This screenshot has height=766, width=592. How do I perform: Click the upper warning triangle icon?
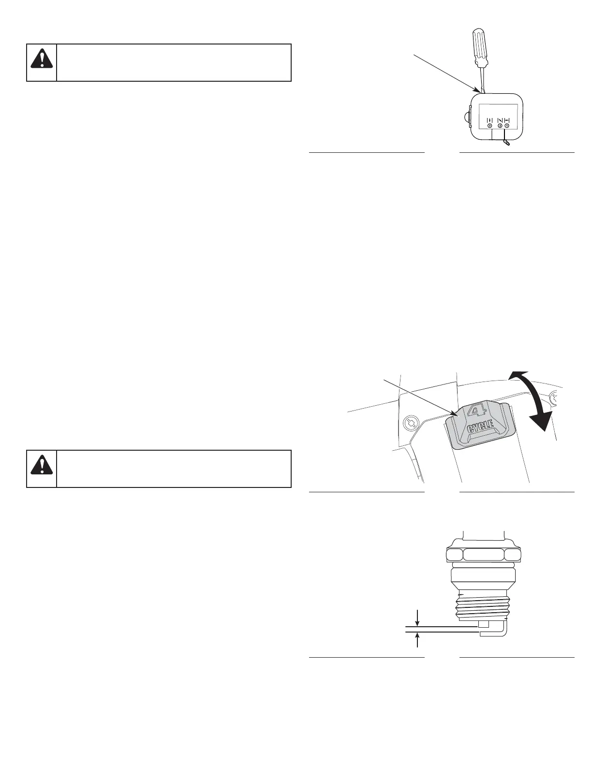pyautogui.click(x=42, y=59)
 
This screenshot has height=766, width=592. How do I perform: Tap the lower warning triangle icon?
pyautogui.click(x=42, y=465)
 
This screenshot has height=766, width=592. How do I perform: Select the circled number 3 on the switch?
pyautogui.click(x=489, y=126)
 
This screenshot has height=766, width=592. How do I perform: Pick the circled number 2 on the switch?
pyautogui.click(x=500, y=126)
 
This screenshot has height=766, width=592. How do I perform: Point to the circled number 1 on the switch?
pyautogui.click(x=507, y=126)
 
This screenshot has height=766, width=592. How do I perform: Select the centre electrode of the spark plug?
pyautogui.click(x=482, y=624)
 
